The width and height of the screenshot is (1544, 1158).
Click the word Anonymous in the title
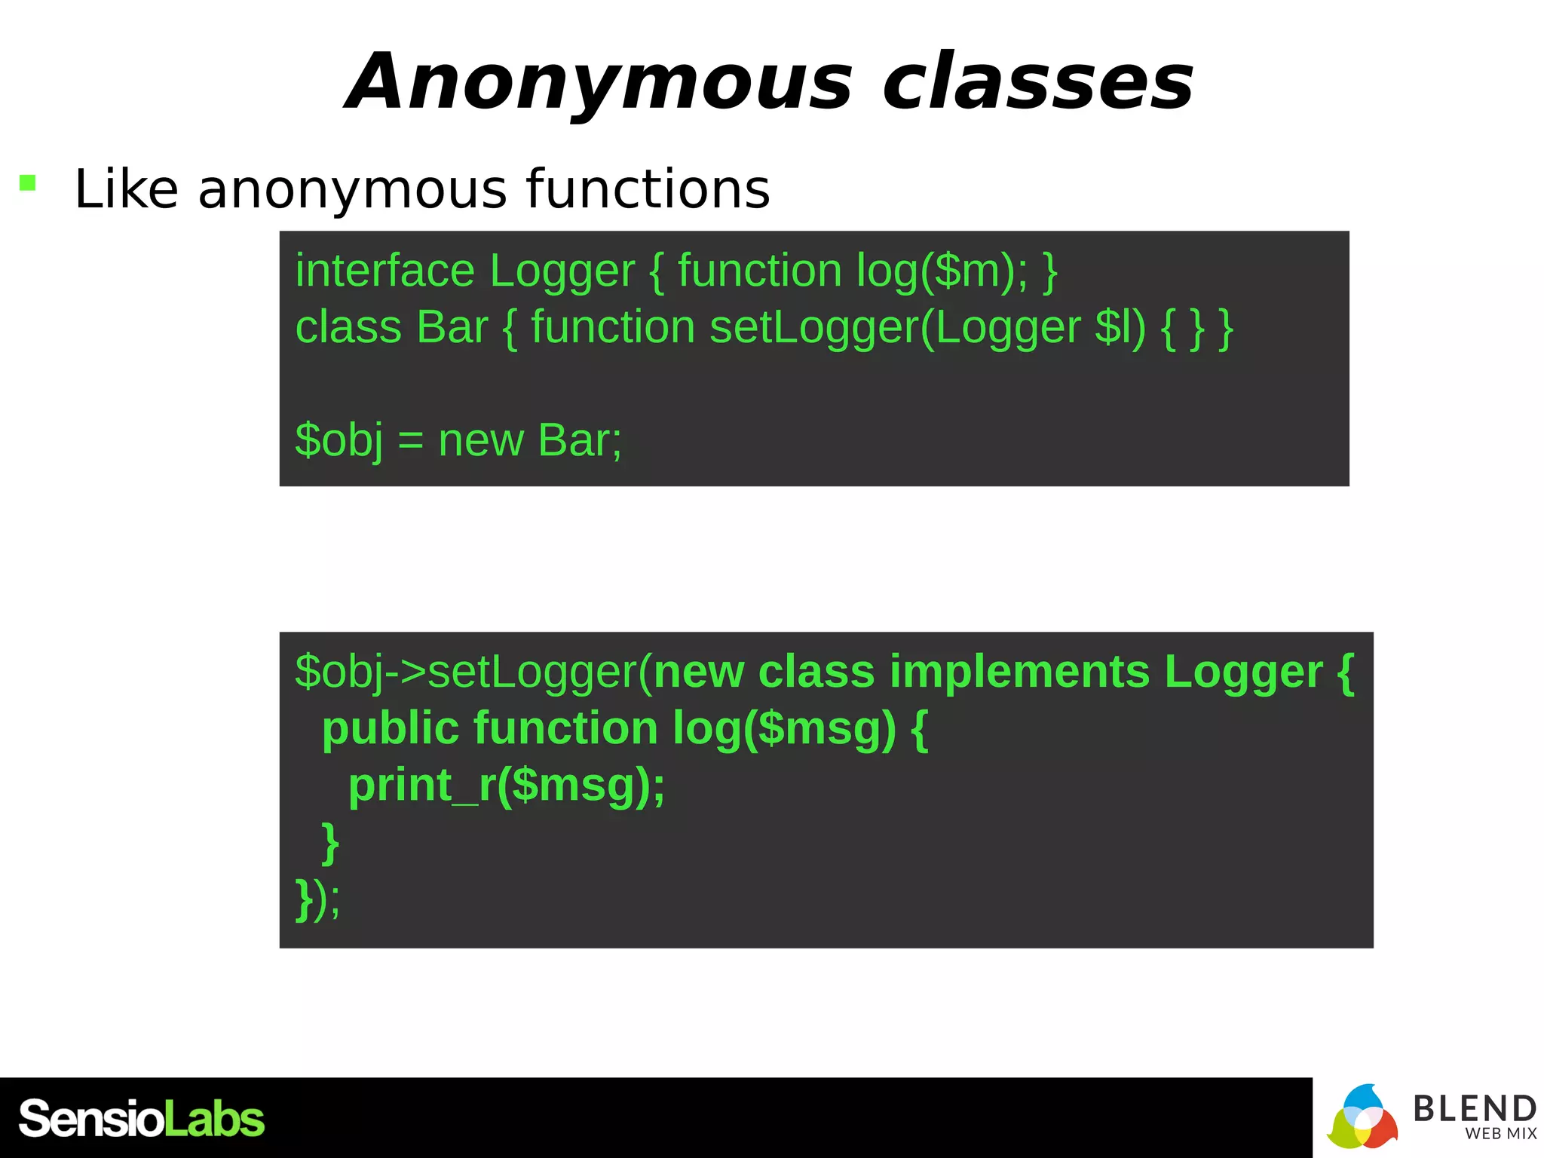(x=600, y=83)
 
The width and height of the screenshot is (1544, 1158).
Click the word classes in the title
(x=1038, y=83)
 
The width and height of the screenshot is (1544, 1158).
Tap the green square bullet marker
(x=28, y=182)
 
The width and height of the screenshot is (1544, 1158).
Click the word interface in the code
(x=384, y=271)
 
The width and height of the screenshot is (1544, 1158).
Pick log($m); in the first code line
(x=942, y=271)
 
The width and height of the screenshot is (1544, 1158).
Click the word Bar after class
(x=452, y=327)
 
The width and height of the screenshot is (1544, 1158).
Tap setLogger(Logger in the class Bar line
(x=896, y=328)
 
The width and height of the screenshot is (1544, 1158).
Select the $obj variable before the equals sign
(x=339, y=440)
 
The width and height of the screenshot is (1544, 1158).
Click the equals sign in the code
(x=410, y=442)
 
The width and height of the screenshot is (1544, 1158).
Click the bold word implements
(x=1019, y=672)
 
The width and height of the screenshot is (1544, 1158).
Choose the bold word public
(x=390, y=729)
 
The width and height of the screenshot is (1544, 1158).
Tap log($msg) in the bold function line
(x=784, y=729)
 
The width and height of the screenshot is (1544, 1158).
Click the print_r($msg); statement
(x=507, y=786)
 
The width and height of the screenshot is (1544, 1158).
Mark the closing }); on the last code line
(x=317, y=899)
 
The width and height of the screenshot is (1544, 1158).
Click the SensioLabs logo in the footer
(x=142, y=1119)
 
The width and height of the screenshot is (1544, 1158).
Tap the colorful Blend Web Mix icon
(x=1362, y=1117)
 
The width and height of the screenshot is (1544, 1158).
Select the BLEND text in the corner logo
(x=1474, y=1109)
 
